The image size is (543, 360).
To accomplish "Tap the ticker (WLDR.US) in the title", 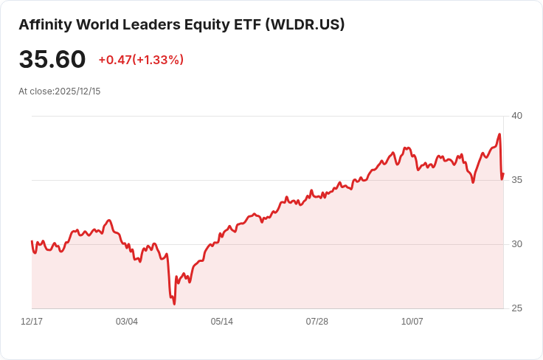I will coord(305,24).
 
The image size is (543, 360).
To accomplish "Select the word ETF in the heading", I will coord(248,24).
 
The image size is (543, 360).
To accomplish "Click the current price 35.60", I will coord(52,60).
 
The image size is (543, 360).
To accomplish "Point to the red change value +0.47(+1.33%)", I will coord(141,60).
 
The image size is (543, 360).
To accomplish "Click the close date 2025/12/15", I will coord(77,91).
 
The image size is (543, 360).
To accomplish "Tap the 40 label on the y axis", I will coord(517,116).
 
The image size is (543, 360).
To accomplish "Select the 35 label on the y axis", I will coord(517,180).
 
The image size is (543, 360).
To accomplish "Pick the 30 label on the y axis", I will coord(517,244).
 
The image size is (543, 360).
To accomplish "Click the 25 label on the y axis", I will coord(517,308).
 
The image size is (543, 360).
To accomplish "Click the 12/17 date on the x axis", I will coord(32,322).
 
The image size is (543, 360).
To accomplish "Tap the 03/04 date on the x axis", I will coord(127,322).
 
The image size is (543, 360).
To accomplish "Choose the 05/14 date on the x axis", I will coord(222,322).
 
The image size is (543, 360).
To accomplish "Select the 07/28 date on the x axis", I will coord(317,322).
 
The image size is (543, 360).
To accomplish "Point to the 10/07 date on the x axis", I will coord(412,322).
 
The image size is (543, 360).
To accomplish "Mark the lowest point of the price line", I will coord(174,303).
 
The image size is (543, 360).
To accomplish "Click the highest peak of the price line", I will coord(499,134).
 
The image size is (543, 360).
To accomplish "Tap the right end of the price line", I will coord(503,174).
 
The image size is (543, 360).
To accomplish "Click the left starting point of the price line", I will coord(32,241).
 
